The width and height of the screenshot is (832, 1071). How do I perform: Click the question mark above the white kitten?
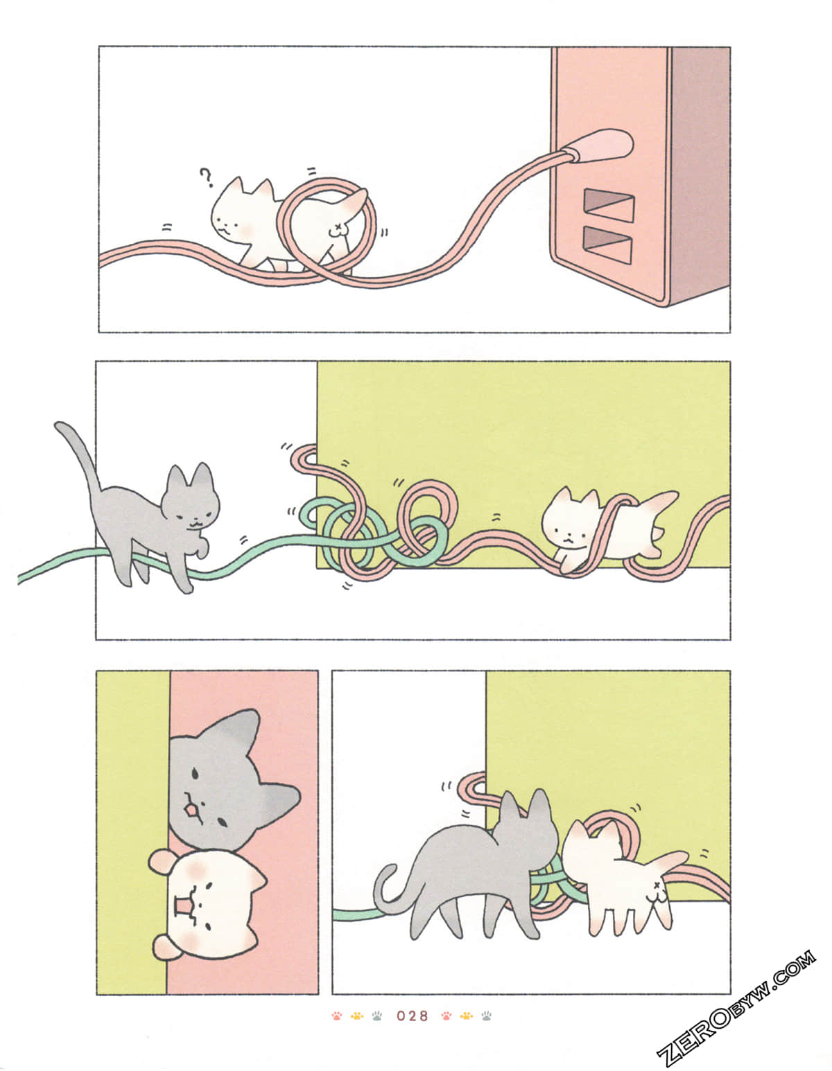tap(205, 178)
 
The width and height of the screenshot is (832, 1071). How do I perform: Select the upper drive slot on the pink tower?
tap(609, 205)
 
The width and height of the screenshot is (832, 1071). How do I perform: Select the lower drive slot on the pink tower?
tap(607, 245)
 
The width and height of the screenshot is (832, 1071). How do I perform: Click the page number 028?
tap(413, 1016)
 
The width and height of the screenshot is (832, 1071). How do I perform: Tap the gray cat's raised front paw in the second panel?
tap(202, 549)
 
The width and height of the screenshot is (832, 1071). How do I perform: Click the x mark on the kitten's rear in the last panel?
tap(656, 886)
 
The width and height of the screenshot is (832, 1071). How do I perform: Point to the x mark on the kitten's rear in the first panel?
tap(338, 227)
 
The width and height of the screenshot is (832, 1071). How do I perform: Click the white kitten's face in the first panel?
tap(232, 220)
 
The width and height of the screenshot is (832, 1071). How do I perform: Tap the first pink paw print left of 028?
tap(337, 1016)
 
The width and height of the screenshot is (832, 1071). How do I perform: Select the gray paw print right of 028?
tap(487, 1016)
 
